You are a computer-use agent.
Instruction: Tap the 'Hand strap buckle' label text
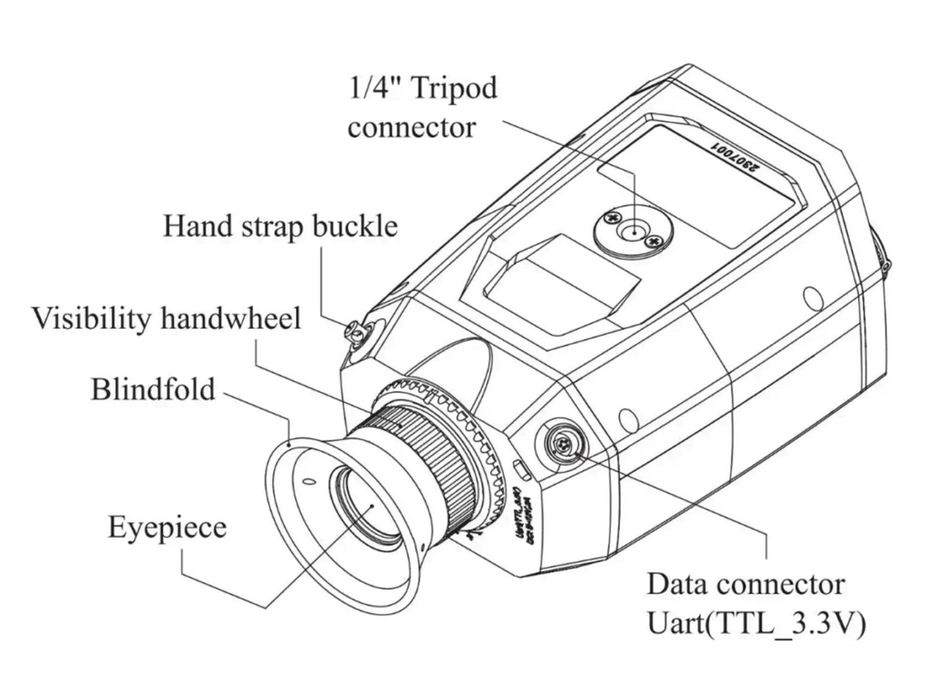(x=280, y=226)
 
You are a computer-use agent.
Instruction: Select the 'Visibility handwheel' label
(x=166, y=319)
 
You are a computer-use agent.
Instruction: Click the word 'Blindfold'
(x=153, y=389)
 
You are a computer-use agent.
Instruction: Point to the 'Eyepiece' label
(x=167, y=527)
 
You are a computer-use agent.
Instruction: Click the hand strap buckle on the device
(x=354, y=332)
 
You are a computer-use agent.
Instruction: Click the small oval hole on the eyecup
(x=307, y=481)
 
